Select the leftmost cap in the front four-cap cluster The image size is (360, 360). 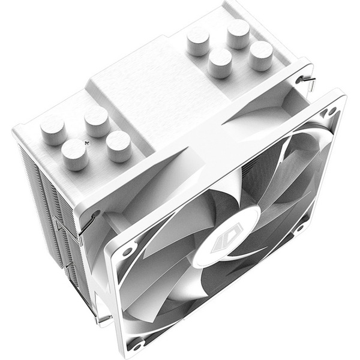pyautogui.click(x=53, y=127)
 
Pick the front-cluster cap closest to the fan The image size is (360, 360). pyautogui.click(x=118, y=146)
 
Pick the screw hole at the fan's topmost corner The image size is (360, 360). pyautogui.click(x=329, y=112)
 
